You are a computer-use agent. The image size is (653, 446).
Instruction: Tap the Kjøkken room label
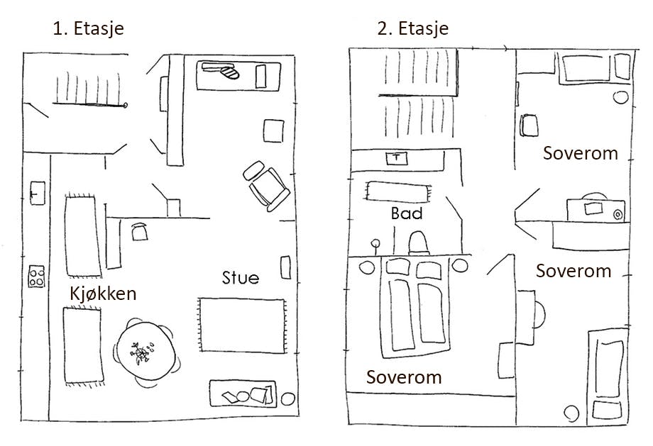tap(102, 294)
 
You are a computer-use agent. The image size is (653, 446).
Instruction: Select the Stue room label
tap(240, 277)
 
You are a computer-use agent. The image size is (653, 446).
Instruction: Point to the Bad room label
tap(407, 213)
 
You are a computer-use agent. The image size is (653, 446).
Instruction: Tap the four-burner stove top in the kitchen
tap(36, 276)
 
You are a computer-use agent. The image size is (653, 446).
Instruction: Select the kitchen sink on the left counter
tap(37, 191)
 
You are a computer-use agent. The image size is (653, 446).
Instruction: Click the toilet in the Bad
tap(417, 242)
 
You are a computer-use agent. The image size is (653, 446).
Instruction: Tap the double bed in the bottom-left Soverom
tap(415, 306)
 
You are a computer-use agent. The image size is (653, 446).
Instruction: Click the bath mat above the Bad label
tap(398, 191)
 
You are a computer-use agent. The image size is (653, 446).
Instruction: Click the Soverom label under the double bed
tap(403, 377)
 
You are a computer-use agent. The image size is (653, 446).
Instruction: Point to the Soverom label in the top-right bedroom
tap(580, 153)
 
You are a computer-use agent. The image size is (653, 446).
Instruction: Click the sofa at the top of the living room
tap(237, 74)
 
